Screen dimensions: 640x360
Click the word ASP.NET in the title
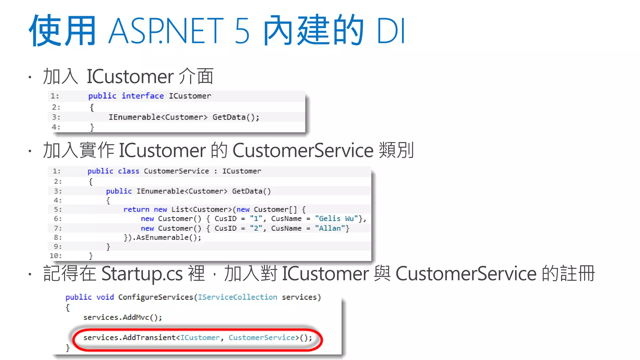[166, 31]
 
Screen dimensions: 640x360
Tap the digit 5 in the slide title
[242, 31]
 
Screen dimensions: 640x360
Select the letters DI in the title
[391, 31]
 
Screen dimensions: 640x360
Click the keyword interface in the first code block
[142, 96]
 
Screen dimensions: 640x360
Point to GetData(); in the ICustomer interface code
[236, 117]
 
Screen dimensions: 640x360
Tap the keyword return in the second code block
[136, 209]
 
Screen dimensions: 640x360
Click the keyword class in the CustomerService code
[128, 171]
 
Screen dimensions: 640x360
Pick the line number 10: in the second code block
[56, 256]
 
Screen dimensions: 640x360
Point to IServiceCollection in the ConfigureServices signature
[237, 297]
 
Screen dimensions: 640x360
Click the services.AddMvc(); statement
[122, 317]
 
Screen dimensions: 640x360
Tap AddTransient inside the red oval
[149, 337]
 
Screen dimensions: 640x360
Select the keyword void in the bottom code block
[105, 297]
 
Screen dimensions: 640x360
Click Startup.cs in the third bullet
[142, 274]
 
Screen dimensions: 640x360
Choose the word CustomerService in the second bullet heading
[303, 150]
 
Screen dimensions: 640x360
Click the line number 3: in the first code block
[56, 117]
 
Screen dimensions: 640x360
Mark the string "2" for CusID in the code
[256, 228]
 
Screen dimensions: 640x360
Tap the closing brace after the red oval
[67, 348]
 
